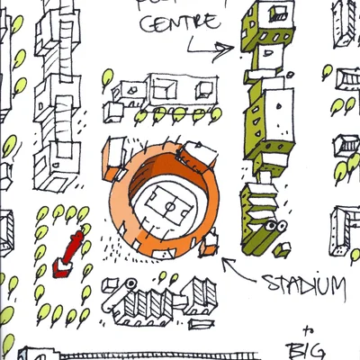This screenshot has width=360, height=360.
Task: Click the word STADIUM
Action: click(304, 286)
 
